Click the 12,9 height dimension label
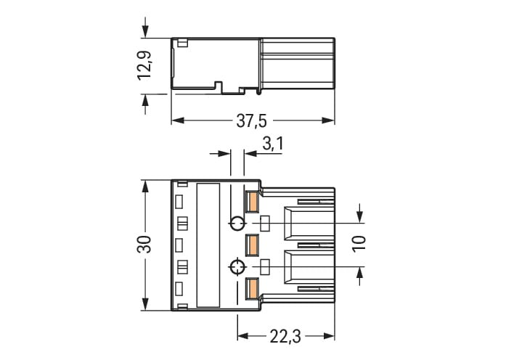[x=145, y=65]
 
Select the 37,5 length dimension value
[x=250, y=121]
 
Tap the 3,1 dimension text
[x=272, y=144]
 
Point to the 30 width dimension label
[x=145, y=244]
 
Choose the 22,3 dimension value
[x=285, y=335]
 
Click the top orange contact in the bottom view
[x=253, y=201]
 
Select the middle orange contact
[x=253, y=245]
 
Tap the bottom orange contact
[x=253, y=289]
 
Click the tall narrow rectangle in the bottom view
[x=208, y=245]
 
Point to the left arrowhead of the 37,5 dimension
[x=176, y=120]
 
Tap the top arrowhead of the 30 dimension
[x=146, y=184]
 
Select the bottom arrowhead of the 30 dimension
[x=146, y=305]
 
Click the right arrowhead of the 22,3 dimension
[x=330, y=336]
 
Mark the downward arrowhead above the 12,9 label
[x=146, y=33]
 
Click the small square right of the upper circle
[x=265, y=223]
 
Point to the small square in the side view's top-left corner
[x=181, y=43]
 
